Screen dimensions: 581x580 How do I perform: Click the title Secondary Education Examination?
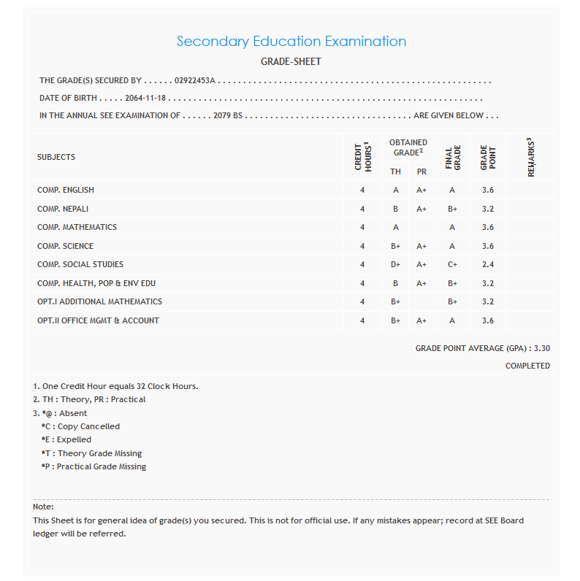[x=291, y=42]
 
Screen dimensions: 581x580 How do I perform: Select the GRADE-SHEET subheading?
[x=291, y=62]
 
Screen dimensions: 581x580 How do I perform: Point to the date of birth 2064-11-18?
[x=145, y=98]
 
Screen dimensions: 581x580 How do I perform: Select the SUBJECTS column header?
[x=56, y=157]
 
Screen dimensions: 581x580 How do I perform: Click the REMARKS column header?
[x=530, y=157]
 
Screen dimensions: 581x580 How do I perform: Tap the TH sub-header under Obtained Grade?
[x=395, y=172]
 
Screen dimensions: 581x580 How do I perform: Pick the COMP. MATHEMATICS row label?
[x=77, y=227]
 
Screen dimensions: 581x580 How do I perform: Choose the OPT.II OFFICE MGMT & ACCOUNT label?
[x=98, y=320]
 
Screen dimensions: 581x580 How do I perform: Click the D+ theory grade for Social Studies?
[x=395, y=264]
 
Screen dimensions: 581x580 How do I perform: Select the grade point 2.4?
[x=488, y=264]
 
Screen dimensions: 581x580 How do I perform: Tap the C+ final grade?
[x=452, y=264]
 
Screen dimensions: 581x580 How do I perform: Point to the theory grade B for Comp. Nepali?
[x=395, y=209]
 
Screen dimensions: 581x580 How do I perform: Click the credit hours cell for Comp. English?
[x=362, y=190]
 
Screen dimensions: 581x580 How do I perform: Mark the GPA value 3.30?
[x=541, y=349]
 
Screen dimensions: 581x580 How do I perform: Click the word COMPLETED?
[x=527, y=366]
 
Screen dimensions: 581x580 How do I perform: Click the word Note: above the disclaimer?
[x=43, y=507]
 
